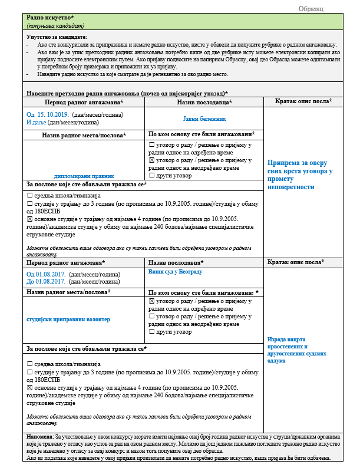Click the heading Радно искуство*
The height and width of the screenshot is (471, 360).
tap(50, 19)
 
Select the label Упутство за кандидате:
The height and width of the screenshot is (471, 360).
tap(57, 37)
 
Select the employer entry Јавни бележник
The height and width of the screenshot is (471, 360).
tap(204, 118)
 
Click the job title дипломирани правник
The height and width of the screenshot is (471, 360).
tap(83, 176)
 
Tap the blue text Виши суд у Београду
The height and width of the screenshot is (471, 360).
tap(176, 271)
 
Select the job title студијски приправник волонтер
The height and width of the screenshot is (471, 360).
tap(68, 319)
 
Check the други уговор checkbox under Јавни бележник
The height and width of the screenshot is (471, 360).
tap(152, 175)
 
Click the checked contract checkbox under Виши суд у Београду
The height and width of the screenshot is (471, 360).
tap(152, 301)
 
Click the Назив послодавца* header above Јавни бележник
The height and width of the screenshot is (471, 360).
tap(204, 102)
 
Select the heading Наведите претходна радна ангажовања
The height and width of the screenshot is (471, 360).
tap(127, 94)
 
